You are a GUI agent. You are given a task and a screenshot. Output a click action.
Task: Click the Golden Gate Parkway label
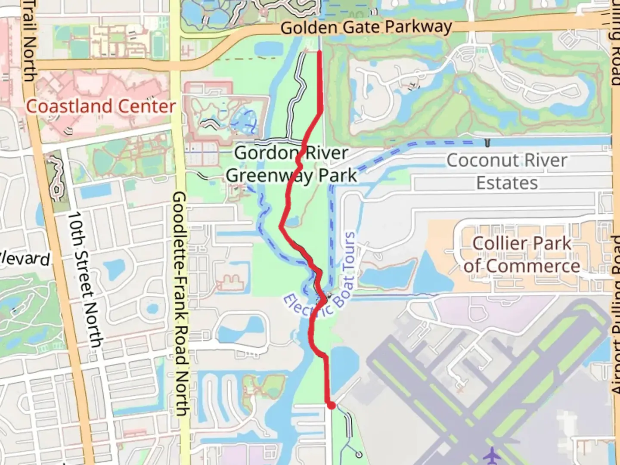point(366,28)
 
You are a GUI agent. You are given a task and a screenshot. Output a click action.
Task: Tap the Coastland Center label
point(101,106)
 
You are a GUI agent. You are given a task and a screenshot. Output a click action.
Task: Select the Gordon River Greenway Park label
point(291,164)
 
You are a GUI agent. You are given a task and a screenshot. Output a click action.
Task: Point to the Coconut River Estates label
point(507,171)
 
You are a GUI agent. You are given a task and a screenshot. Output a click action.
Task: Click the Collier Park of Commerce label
point(522,254)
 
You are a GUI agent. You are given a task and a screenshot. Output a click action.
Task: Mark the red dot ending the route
point(331,405)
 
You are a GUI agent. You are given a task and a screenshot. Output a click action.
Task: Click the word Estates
point(507,183)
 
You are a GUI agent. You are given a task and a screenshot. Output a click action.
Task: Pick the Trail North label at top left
point(29,41)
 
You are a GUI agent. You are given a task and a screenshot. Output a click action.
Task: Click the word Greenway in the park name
point(269,176)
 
